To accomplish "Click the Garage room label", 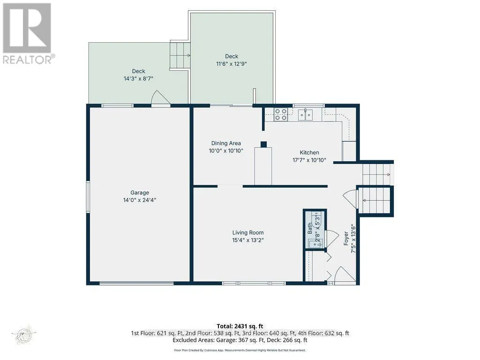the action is click(140, 193).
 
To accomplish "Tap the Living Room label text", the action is click(248, 232).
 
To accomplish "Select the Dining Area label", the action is click(226, 143).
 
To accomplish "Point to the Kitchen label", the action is click(309, 152).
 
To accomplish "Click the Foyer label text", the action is click(346, 238).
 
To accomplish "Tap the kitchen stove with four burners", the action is click(280, 114).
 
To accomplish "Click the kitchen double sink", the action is click(305, 115).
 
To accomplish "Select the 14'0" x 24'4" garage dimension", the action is click(140, 200).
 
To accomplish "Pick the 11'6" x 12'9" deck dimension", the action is click(232, 64).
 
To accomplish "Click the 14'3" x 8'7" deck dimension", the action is click(138, 79).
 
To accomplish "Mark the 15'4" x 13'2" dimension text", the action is click(248, 240).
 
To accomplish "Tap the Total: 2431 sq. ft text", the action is click(240, 326).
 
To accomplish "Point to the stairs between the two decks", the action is click(180, 55).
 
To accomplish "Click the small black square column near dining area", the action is click(263, 144).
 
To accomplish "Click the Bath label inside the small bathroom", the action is click(310, 228).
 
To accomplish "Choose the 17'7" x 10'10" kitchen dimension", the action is click(309, 160).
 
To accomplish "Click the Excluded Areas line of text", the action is click(240, 340).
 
